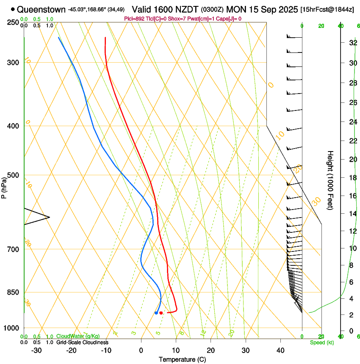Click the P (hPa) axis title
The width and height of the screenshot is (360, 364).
(x=4, y=187)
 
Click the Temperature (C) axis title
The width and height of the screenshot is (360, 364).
(x=182, y=359)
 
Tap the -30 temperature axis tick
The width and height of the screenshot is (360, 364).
(x=36, y=350)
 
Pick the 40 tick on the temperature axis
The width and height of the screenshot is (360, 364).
(x=280, y=350)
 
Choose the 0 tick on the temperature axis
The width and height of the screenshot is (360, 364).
(x=141, y=350)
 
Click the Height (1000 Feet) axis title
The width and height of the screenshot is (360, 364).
(x=331, y=180)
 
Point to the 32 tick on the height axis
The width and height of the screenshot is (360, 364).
(x=352, y=42)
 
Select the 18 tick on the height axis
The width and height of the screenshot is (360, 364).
(x=352, y=177)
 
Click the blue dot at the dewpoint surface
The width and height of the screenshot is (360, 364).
(x=156, y=313)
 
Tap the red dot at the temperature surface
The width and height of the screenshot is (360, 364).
(x=161, y=313)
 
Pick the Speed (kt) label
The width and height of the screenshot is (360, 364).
(x=321, y=342)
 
